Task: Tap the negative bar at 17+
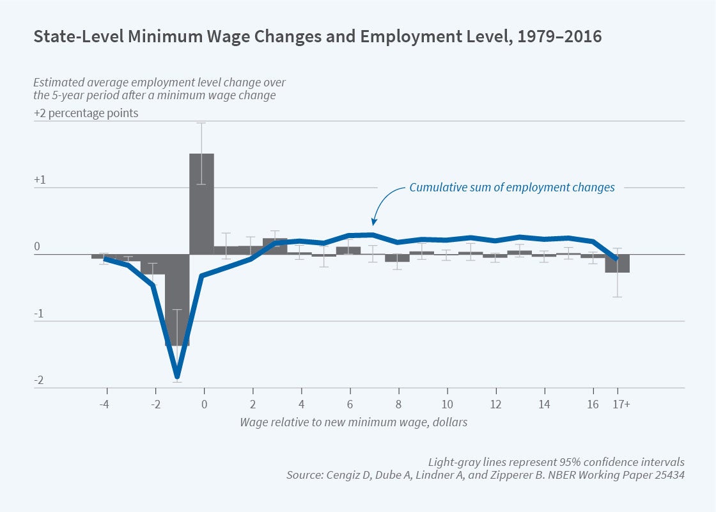point(618,263)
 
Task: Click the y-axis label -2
point(39,381)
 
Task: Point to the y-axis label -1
point(39,314)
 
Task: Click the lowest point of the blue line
point(177,376)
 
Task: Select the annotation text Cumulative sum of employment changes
point(512,188)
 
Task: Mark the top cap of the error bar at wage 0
point(201,123)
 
